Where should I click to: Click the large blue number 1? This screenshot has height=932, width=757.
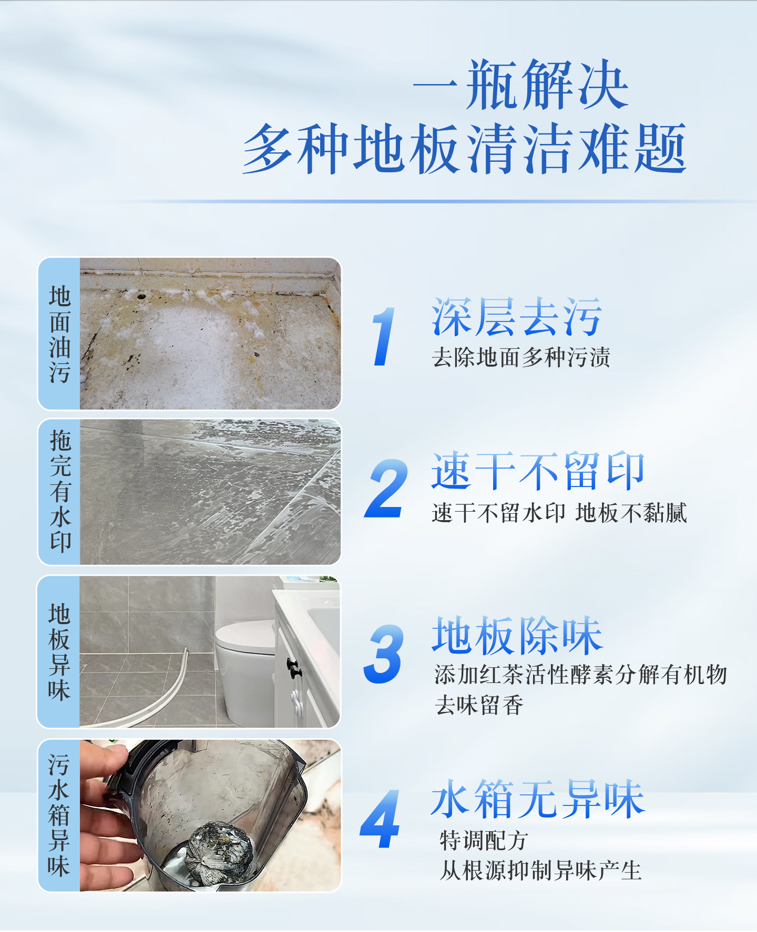point(383,336)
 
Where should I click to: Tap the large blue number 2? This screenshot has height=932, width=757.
point(386,488)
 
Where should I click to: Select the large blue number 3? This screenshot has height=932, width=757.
point(384,654)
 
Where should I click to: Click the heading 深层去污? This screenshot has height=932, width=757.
point(517,316)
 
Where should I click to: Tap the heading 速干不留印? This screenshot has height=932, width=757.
point(538,471)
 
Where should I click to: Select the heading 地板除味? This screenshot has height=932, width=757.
point(517,636)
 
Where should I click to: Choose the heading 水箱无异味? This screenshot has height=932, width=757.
point(538,799)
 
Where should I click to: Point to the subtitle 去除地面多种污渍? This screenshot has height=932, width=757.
point(521,357)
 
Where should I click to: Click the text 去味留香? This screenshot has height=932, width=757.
point(479,705)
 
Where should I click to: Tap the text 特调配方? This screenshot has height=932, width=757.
point(484,841)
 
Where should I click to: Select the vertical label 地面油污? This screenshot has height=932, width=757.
point(59,334)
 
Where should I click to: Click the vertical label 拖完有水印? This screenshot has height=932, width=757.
point(60,492)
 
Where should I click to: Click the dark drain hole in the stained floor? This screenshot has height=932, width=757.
point(141,296)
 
